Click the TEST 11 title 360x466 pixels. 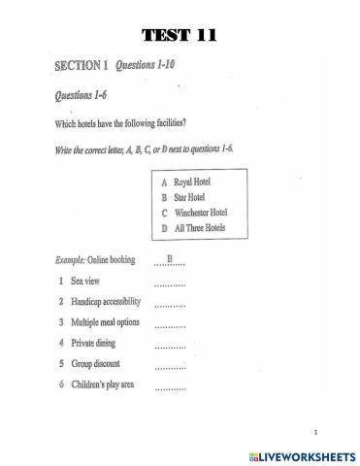(x=180, y=37)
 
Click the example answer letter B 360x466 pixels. (x=170, y=257)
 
